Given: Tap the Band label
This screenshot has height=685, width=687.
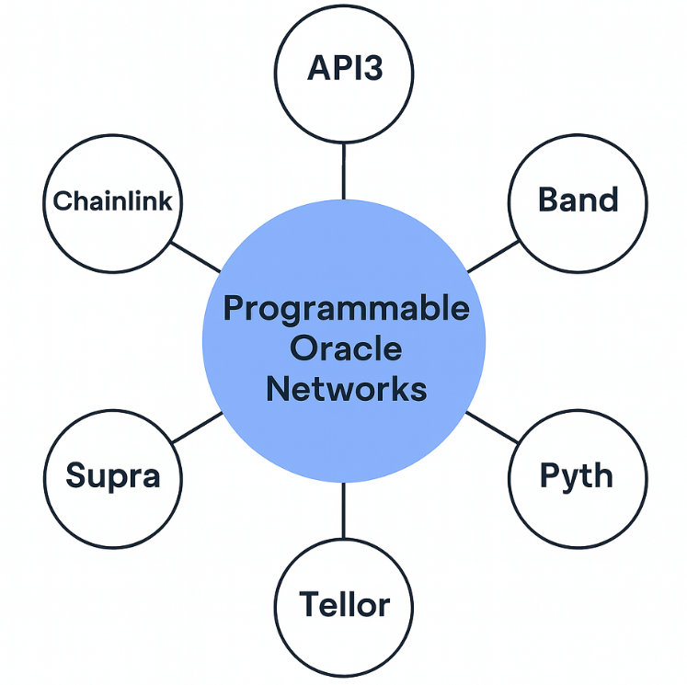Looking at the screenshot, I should click(578, 200).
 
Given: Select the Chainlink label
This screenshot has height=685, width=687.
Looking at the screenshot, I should click(112, 200).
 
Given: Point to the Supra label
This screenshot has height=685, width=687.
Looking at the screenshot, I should click(113, 475).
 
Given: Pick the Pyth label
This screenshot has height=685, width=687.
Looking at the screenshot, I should click(576, 476).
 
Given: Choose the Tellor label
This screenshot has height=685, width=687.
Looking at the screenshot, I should click(344, 605).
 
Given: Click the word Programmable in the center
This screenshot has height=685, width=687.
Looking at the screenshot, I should click(346, 309).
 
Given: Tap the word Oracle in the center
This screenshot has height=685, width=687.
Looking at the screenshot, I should click(346, 348).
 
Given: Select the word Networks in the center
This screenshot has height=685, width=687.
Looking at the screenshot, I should click(346, 388).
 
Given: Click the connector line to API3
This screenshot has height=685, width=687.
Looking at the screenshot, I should click(343, 170).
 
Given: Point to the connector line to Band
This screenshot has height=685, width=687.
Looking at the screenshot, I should click(493, 257).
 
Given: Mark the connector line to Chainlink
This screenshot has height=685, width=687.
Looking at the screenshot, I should click(195, 257).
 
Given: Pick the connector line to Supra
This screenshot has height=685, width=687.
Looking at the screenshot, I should click(198, 427).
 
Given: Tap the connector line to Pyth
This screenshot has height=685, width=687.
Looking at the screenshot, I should click(491, 427).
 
